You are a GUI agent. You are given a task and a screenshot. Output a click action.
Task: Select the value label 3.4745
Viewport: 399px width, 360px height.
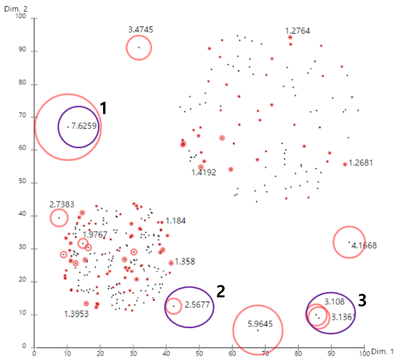click(141, 30)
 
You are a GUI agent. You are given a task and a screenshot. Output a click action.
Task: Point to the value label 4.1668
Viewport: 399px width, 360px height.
click(364, 246)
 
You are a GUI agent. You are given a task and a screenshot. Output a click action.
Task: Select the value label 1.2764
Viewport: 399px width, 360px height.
click(297, 31)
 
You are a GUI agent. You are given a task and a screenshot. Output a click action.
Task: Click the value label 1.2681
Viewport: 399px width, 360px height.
click(361, 164)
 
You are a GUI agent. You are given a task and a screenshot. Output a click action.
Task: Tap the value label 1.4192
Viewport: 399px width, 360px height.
click(204, 173)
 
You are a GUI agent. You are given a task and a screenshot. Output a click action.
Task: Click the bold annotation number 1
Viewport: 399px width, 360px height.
click(103, 108)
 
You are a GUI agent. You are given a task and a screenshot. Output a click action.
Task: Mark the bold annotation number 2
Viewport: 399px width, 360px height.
click(221, 291)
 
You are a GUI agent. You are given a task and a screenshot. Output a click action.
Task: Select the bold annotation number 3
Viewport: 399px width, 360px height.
click(362, 300)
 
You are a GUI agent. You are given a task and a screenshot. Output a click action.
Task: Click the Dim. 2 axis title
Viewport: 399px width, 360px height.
click(14, 9)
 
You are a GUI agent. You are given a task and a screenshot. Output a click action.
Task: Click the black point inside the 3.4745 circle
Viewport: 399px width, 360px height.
click(138, 48)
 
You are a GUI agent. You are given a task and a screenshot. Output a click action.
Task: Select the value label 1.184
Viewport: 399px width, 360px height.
click(176, 221)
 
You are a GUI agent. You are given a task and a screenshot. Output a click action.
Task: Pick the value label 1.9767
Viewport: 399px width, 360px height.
click(95, 235)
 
